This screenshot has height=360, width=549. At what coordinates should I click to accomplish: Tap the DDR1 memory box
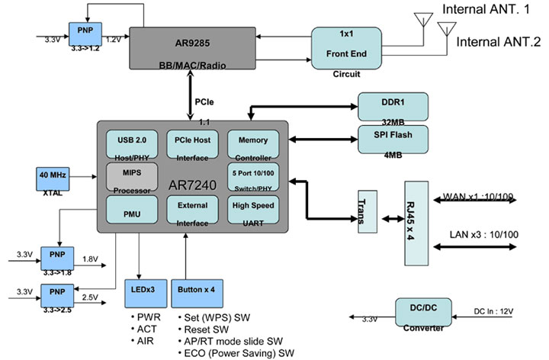(393, 105)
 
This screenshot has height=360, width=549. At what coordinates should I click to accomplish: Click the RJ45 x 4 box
(417, 223)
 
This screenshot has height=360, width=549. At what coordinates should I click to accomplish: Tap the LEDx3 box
(140, 291)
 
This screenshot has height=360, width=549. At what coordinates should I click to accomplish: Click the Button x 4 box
(196, 291)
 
